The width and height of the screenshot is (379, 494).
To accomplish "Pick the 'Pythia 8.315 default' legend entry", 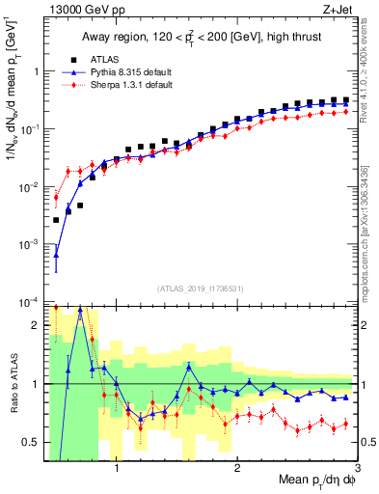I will [x=120, y=72].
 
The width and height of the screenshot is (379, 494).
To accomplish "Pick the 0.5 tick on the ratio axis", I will [x=31, y=442].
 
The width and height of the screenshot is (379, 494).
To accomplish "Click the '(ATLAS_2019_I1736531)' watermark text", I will [x=201, y=288].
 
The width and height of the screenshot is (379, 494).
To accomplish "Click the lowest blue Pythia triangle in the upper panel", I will [x=56, y=256].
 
